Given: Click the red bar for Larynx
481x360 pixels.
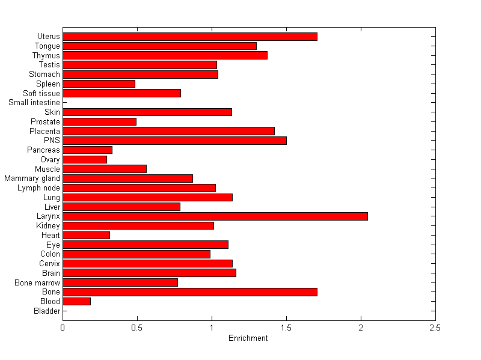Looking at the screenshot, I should pyautogui.click(x=215, y=216).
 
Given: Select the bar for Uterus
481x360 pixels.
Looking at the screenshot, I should pyautogui.click(x=190, y=37).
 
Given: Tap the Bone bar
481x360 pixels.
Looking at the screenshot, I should pyautogui.click(x=190, y=292).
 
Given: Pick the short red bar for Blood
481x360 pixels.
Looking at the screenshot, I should pyautogui.click(x=76, y=301).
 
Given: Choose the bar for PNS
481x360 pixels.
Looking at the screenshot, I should pyautogui.click(x=174, y=141).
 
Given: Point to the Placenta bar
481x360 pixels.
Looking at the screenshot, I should pyautogui.click(x=168, y=131).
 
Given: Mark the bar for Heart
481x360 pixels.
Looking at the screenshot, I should pyautogui.click(x=86, y=235).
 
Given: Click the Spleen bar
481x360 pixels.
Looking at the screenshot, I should pyautogui.click(x=99, y=84).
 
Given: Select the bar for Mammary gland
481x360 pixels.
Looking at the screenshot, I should pyautogui.click(x=127, y=178).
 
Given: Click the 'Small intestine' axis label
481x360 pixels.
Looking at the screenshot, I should pyautogui.click(x=34, y=103).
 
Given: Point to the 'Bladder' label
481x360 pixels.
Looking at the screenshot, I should pyautogui.click(x=47, y=311).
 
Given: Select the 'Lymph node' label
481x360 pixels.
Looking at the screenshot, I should pyautogui.click(x=38, y=188).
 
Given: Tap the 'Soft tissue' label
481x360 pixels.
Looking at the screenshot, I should pyautogui.click(x=41, y=93).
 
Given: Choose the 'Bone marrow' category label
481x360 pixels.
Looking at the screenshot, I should pyautogui.click(x=37, y=282).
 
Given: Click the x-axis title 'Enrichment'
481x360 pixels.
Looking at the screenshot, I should pyautogui.click(x=248, y=338).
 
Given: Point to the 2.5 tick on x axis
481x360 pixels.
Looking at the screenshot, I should pyautogui.click(x=435, y=328).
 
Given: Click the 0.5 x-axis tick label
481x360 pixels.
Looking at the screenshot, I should pyautogui.click(x=137, y=328).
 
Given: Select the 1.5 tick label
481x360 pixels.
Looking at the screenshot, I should pyautogui.click(x=286, y=328).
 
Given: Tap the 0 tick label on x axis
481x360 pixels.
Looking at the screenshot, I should pyautogui.click(x=63, y=328).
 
